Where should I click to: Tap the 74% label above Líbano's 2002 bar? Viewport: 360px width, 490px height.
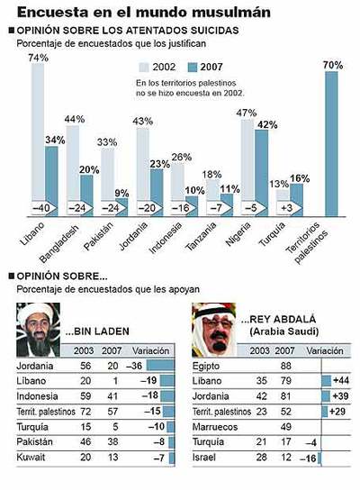click(x=38, y=58)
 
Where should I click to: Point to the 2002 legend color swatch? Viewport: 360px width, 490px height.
click(x=145, y=68)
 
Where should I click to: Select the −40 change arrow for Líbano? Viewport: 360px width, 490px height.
click(x=40, y=207)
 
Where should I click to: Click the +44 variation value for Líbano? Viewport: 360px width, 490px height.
click(x=341, y=381)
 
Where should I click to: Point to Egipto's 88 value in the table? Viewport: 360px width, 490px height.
click(x=264, y=366)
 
